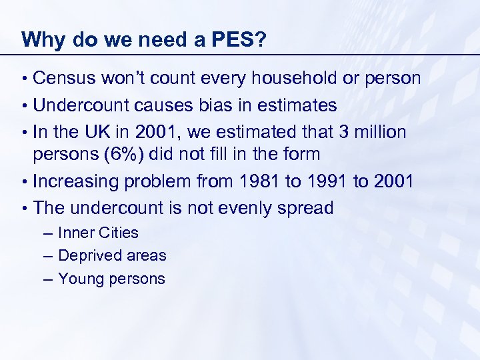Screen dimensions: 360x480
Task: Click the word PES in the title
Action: pos(230,39)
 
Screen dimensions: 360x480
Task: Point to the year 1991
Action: pos(310,181)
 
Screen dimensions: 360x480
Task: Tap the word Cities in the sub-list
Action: pos(119,233)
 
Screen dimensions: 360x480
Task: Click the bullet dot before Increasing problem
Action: pos(24,181)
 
